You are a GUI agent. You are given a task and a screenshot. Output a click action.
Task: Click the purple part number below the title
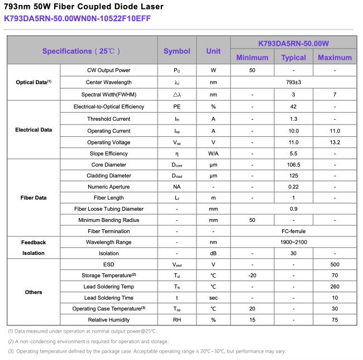pos(77,18)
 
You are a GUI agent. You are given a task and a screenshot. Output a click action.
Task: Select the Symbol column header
pos(177,51)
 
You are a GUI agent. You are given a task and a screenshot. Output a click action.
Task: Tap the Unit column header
pos(213,51)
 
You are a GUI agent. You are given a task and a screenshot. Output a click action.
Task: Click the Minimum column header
pos(252,58)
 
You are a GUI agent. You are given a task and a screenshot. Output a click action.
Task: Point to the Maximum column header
pos(335,58)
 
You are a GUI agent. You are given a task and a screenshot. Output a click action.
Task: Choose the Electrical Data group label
pos(34,130)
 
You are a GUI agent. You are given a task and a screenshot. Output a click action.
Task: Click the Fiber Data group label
pos(34,198)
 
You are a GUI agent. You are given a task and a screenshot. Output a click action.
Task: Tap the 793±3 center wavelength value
pos(293,82)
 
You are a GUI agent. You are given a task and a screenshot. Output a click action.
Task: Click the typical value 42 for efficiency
pos(293,106)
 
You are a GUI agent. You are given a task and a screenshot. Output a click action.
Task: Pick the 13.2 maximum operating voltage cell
pos(335,142)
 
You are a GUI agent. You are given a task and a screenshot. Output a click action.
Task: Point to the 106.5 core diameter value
pos(293,165)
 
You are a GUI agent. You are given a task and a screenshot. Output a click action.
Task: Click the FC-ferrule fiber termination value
pos(293,231)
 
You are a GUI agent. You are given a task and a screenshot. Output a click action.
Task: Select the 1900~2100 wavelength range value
pos(293,242)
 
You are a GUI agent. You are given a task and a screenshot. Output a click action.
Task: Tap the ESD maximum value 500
pos(335,264)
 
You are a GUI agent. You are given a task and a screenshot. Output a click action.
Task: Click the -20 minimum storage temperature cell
pos(252,275)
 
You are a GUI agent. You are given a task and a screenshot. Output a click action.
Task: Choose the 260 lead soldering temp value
pos(335,286)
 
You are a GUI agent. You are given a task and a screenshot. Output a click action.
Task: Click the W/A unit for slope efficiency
pos(213,153)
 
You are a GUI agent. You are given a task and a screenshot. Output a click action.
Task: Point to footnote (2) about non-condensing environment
pos(88,341)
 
